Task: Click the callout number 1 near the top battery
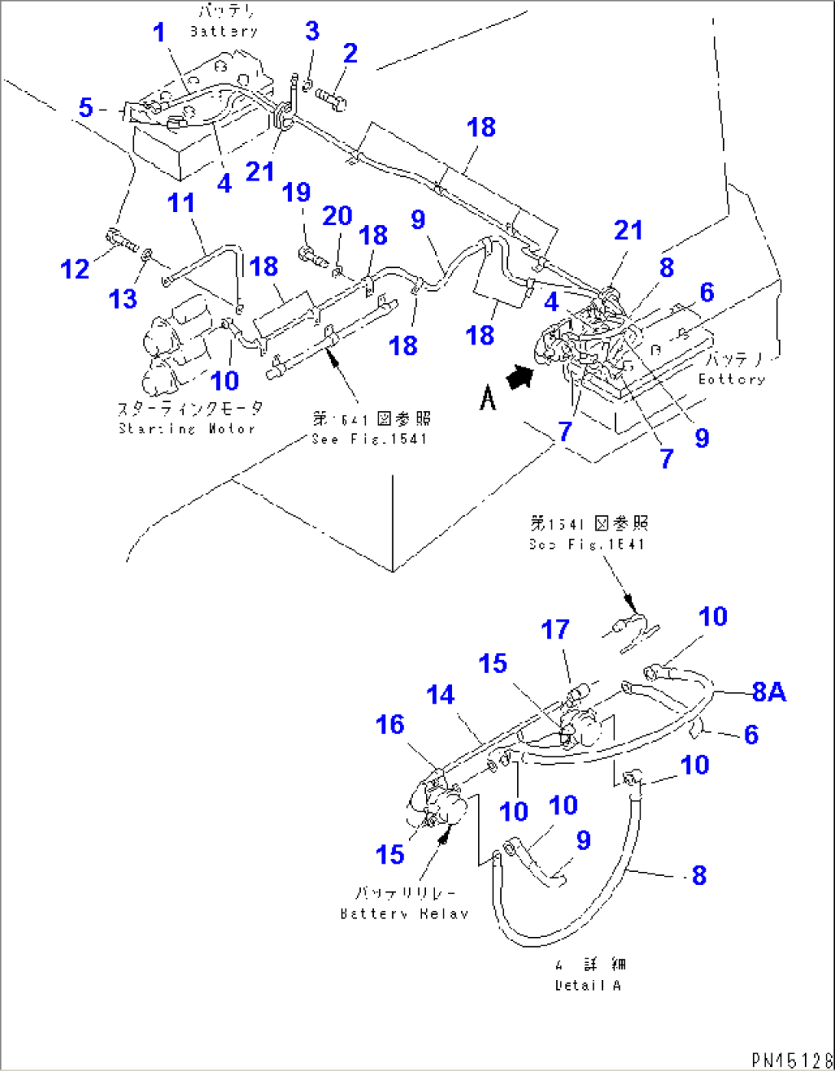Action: pos(159,33)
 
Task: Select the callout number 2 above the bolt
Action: pos(350,54)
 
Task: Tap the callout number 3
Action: pos(312,31)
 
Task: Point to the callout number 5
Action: pos(86,108)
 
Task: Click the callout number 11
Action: pos(182,204)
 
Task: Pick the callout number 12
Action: pos(75,269)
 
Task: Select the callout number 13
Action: pos(123,298)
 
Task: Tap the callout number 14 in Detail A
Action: pos(440,695)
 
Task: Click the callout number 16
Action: pos(390,724)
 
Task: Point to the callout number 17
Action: pos(555,630)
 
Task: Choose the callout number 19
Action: pos(296,192)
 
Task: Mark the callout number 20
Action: pos(337,217)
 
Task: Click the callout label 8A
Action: pos(768,692)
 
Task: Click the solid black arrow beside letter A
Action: pos(519,377)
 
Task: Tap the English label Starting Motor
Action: pos(187,429)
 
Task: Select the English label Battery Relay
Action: pos(404,913)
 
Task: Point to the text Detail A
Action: pos(588,985)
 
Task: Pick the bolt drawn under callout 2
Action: pos(330,98)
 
